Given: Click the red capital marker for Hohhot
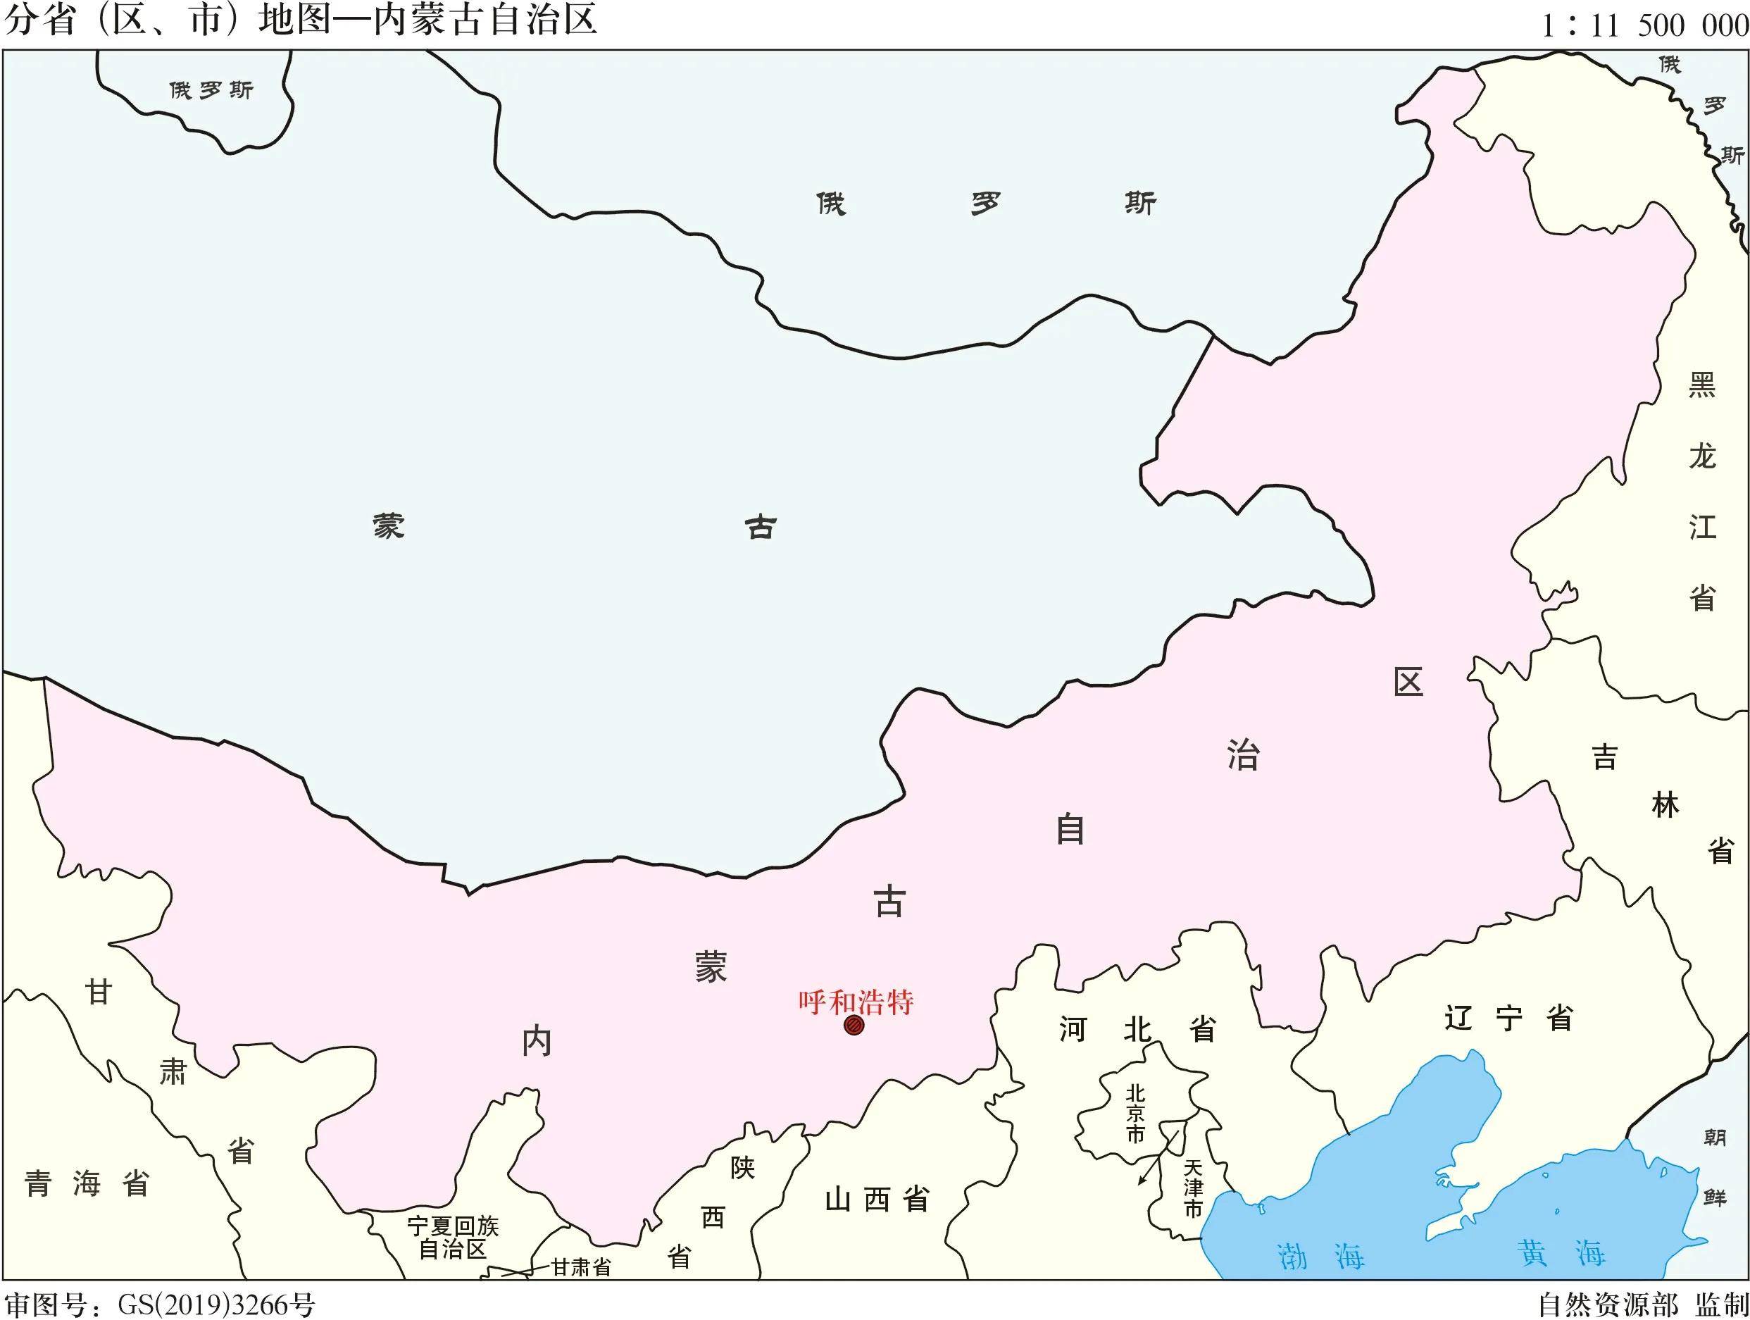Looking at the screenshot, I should coord(854,1026).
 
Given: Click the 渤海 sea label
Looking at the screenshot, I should coord(1320,1256).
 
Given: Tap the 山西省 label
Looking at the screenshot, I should coord(877,1200).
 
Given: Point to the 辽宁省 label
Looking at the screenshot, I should coord(1508,1019).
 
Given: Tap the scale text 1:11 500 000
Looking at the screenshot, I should coord(1644,26).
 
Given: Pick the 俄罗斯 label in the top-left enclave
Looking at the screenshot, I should coord(211,90).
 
